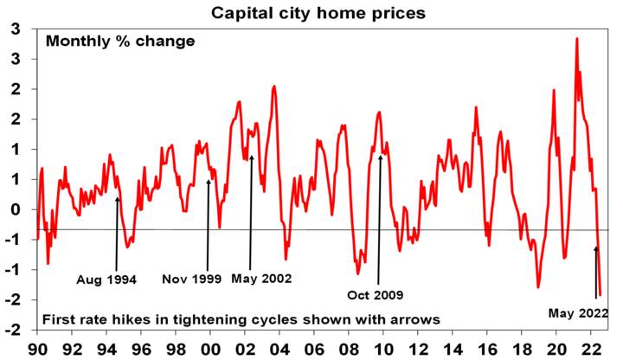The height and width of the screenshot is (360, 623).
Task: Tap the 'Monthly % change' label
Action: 120,41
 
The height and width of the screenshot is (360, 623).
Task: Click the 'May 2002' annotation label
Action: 261,280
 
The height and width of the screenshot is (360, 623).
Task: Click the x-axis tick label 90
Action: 37,347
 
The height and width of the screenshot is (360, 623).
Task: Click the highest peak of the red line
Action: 576,39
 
